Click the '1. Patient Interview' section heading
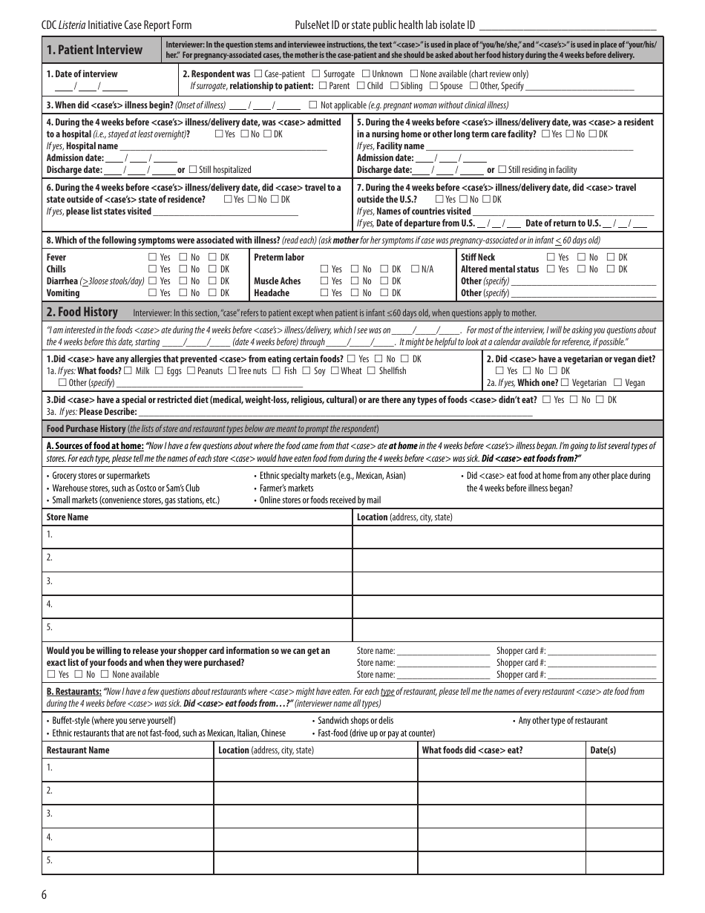pyautogui.click(x=94, y=50)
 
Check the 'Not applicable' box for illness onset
pyautogui.click(x=312, y=105)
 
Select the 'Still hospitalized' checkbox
pyautogui.click(x=193, y=170)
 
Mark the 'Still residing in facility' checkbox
pyautogui.click(x=502, y=170)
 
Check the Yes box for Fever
pyautogui.click(x=153, y=258)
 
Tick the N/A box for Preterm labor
pyautogui.click(x=415, y=269)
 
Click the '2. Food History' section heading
pyautogui.click(x=82, y=312)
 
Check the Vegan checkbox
pyautogui.click(x=618, y=383)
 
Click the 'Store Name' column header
pyautogui.click(x=68, y=517)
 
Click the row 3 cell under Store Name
pyautogui.click(x=197, y=581)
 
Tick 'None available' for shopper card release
pyautogui.click(x=105, y=675)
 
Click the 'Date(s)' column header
pyautogui.click(x=603, y=750)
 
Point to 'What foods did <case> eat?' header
pyautogui.click(x=472, y=750)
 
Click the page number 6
pyautogui.click(x=45, y=894)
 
